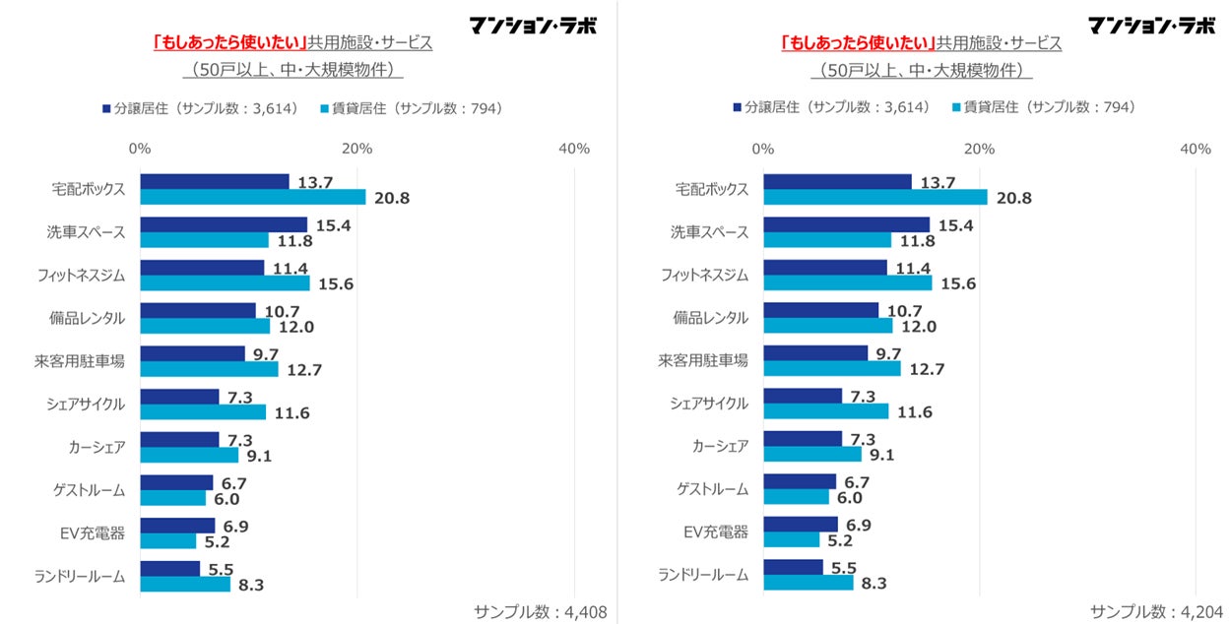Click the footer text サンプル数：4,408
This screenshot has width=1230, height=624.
pyautogui.click(x=540, y=611)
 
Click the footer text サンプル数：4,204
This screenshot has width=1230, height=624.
pyautogui.click(x=1157, y=611)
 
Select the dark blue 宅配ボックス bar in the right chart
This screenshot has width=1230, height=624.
pyautogui.click(x=837, y=182)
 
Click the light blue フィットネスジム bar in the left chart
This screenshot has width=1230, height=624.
pyautogui.click(x=225, y=283)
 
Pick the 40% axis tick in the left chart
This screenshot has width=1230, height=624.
pyautogui.click(x=573, y=149)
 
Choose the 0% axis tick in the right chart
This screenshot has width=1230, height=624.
pyautogui.click(x=762, y=149)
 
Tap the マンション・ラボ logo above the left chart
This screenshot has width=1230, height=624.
pyautogui.click(x=533, y=25)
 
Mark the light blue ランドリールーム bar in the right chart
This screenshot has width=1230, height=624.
pyautogui.click(x=809, y=583)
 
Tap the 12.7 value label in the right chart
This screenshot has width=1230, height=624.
pyautogui.click(x=927, y=370)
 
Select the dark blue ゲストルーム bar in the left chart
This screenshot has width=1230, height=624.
pyautogui.click(x=176, y=482)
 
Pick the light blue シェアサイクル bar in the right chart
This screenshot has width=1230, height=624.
pyautogui.click(x=825, y=411)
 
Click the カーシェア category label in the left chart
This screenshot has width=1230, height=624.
pyautogui.click(x=97, y=447)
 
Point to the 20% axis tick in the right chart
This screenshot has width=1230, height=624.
pyautogui.click(x=979, y=149)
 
